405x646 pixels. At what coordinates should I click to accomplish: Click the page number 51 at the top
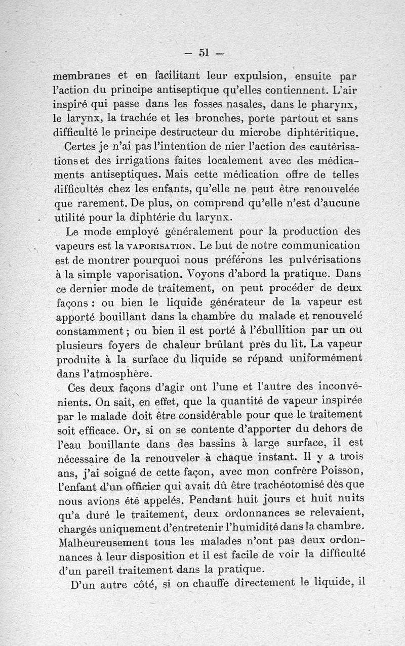[204, 52]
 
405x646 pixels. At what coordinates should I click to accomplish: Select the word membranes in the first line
[81, 77]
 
